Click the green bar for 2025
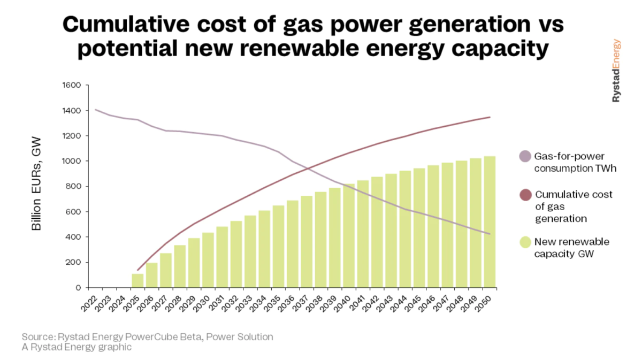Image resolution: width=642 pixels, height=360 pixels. pyautogui.click(x=138, y=281)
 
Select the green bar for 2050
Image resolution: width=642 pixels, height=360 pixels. pyautogui.click(x=490, y=222)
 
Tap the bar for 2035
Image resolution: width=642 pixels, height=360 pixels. pyautogui.click(x=279, y=247)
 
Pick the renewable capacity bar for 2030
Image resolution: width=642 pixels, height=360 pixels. pyautogui.click(x=209, y=260)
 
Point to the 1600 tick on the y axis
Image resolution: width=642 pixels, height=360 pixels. pyautogui.click(x=71, y=86)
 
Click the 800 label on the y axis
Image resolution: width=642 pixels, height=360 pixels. pyautogui.click(x=73, y=187)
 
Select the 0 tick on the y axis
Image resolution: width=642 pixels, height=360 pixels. pyautogui.click(x=77, y=288)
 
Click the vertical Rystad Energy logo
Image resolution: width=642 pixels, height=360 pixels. pyautogui.click(x=616, y=70)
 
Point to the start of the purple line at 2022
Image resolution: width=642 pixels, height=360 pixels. pyautogui.click(x=96, y=110)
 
